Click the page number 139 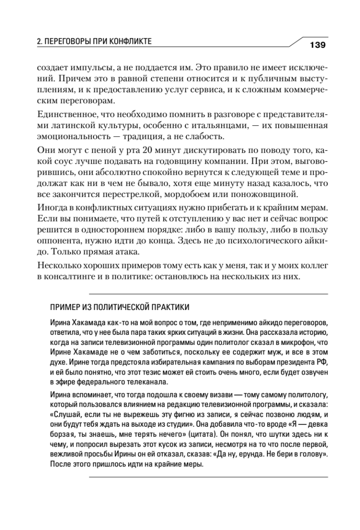point(318,44)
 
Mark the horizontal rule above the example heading point(208,294)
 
